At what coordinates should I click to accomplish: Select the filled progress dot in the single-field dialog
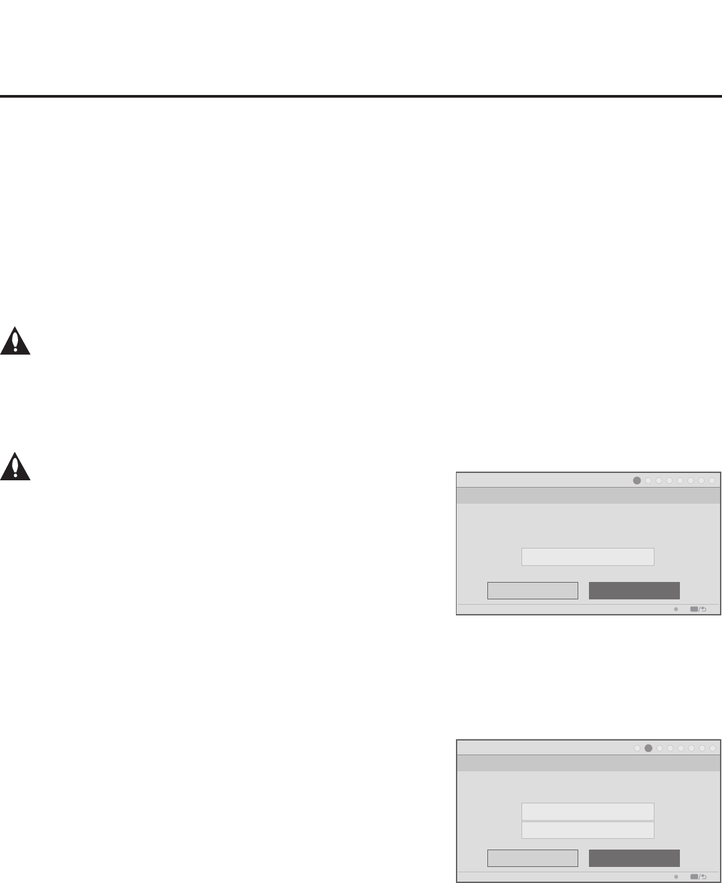pos(637,480)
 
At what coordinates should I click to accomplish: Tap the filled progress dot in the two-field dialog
pos(648,748)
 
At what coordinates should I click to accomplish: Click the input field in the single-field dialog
pos(587,557)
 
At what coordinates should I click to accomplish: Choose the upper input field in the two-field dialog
pos(587,812)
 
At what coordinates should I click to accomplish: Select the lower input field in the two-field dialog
pos(587,830)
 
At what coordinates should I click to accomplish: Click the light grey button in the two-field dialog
pos(532,858)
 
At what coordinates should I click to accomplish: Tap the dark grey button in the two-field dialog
pos(634,858)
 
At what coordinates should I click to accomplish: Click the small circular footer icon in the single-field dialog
pos(676,609)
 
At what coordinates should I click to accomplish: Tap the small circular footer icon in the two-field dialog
pos(676,877)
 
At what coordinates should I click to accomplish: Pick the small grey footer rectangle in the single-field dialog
pos(693,609)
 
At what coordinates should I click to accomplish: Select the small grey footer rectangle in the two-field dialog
pos(693,877)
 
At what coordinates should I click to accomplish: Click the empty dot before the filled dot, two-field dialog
pos(637,748)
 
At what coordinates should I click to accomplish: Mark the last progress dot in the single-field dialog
pos(712,480)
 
